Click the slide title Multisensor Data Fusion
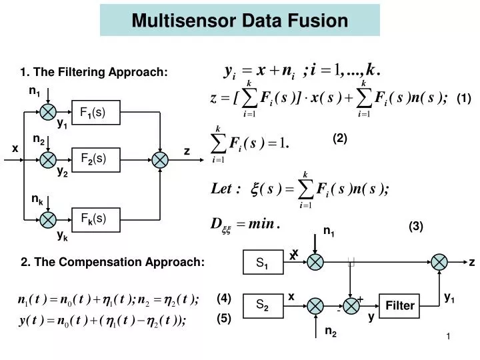[239, 21]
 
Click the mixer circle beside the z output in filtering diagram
[160, 159]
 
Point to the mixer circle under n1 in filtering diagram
[49, 112]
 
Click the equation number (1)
[464, 99]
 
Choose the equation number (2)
[341, 139]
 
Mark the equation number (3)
[416, 227]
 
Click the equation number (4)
[223, 298]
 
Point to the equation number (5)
[223, 319]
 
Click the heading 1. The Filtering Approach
[94, 72]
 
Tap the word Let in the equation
[224, 189]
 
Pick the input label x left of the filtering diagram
[15, 149]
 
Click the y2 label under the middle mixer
[62, 172]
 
